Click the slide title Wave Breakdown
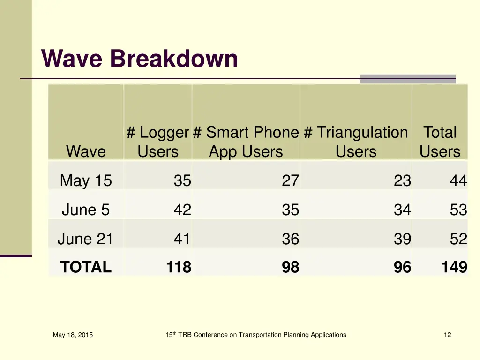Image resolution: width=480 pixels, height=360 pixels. click(140, 59)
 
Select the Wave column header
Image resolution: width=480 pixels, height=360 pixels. click(86, 151)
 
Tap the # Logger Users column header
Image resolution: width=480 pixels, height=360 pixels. click(158, 142)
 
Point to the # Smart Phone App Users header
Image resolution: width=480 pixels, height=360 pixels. click(246, 142)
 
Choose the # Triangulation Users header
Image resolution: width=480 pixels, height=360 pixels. click(356, 142)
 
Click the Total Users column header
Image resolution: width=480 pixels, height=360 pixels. click(440, 142)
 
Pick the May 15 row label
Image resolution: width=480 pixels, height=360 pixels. click(86, 180)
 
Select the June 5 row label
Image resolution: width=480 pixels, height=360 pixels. click(86, 210)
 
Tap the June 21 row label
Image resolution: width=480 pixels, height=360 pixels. click(85, 239)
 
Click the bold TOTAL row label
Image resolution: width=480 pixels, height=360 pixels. click(86, 267)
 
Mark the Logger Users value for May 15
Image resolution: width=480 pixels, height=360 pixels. click(182, 180)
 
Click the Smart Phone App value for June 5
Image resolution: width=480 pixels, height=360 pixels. click(290, 210)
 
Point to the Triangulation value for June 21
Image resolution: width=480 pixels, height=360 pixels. click(402, 239)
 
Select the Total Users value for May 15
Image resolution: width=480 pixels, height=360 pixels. click(458, 180)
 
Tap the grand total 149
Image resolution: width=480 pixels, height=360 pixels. click(454, 267)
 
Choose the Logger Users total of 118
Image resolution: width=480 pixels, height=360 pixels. click(179, 267)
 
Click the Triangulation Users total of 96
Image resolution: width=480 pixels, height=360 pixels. click(402, 267)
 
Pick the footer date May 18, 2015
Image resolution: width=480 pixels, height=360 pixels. click(73, 335)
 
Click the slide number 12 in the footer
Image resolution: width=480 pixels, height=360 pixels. click(447, 335)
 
